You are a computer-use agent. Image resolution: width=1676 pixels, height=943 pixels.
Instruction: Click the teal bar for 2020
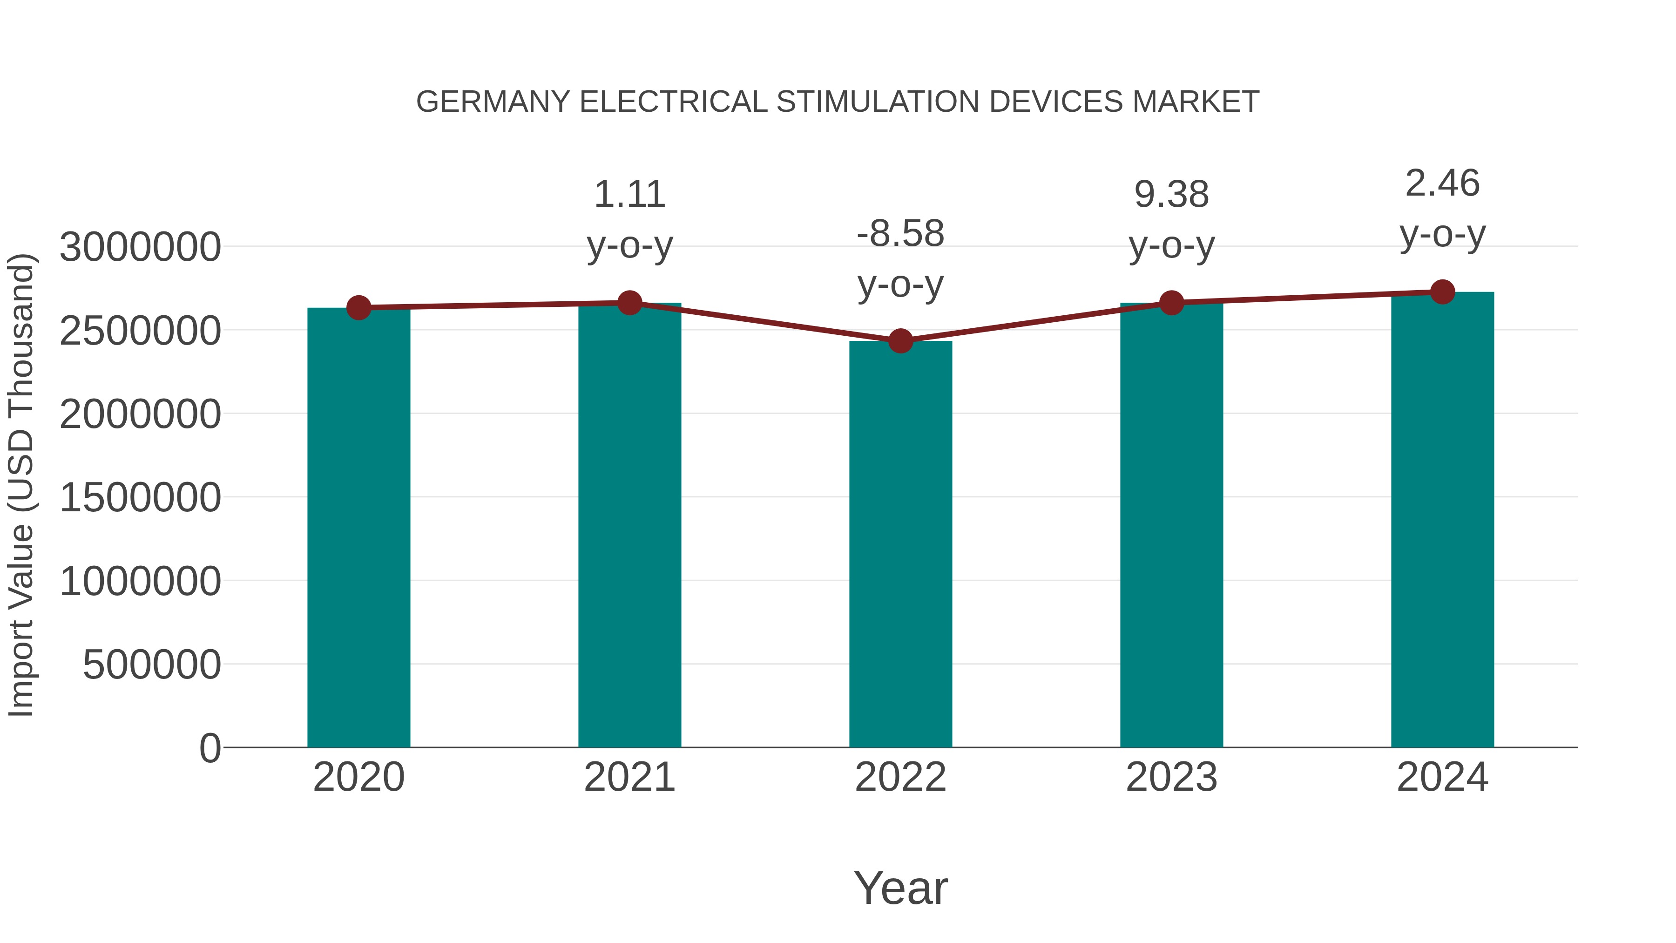[358, 527]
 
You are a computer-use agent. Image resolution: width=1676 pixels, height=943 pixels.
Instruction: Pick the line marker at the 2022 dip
[900, 340]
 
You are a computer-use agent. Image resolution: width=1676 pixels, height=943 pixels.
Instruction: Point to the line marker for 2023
[1171, 303]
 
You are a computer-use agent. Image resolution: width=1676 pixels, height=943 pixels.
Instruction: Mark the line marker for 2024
[1442, 292]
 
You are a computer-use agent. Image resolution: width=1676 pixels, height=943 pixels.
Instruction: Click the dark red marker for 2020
[358, 307]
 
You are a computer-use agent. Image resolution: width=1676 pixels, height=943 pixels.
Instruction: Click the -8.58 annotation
[900, 234]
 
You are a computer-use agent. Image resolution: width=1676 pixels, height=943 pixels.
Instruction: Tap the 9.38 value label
[1171, 195]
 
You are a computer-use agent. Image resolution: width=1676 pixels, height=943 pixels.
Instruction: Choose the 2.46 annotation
[1442, 183]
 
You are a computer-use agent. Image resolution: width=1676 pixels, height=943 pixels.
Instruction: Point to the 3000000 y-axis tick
[140, 247]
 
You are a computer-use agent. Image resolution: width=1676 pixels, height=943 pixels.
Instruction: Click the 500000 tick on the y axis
[152, 665]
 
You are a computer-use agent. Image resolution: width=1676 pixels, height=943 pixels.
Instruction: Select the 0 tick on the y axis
[209, 748]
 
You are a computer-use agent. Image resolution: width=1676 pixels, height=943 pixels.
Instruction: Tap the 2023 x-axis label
[1171, 777]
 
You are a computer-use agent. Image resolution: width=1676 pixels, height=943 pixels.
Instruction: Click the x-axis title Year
[900, 888]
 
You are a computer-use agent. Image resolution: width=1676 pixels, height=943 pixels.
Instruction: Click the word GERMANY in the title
[493, 102]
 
